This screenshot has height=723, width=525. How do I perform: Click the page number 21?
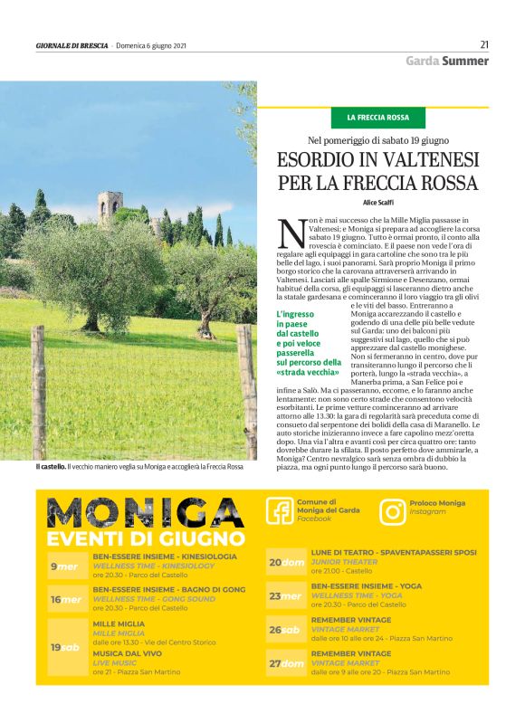click(x=484, y=44)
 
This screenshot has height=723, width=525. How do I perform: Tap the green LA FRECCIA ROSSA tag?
click(x=385, y=118)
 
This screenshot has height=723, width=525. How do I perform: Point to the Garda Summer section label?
click(x=446, y=61)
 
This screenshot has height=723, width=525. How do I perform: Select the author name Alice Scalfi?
click(x=378, y=203)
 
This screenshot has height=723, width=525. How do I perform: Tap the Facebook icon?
click(x=279, y=511)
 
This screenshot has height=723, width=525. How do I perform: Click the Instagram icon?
click(x=393, y=511)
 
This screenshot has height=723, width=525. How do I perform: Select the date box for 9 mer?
click(x=65, y=566)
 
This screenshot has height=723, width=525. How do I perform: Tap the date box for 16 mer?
click(x=65, y=599)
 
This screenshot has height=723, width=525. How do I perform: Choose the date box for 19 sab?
click(x=65, y=647)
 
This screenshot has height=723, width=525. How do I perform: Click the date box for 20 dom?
click(x=286, y=562)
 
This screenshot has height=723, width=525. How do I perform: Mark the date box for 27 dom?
click(x=286, y=663)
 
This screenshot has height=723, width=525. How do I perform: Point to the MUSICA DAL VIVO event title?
click(x=126, y=652)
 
